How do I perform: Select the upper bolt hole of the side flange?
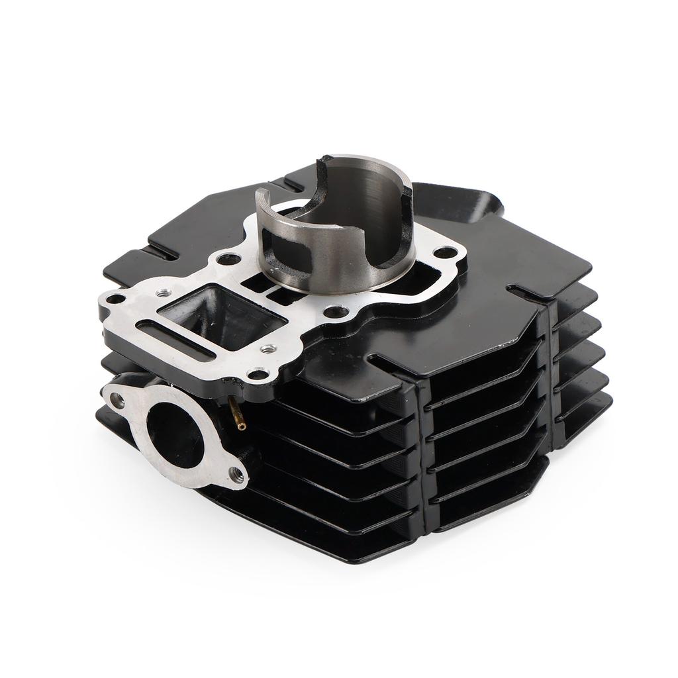tap(118, 399)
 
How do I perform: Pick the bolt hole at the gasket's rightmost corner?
tap(444, 252)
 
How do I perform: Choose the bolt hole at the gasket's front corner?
tap(260, 375)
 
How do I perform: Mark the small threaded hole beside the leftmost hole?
tap(160, 292)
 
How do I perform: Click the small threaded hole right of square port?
tap(267, 348)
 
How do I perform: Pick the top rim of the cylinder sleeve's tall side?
tap(358, 159)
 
